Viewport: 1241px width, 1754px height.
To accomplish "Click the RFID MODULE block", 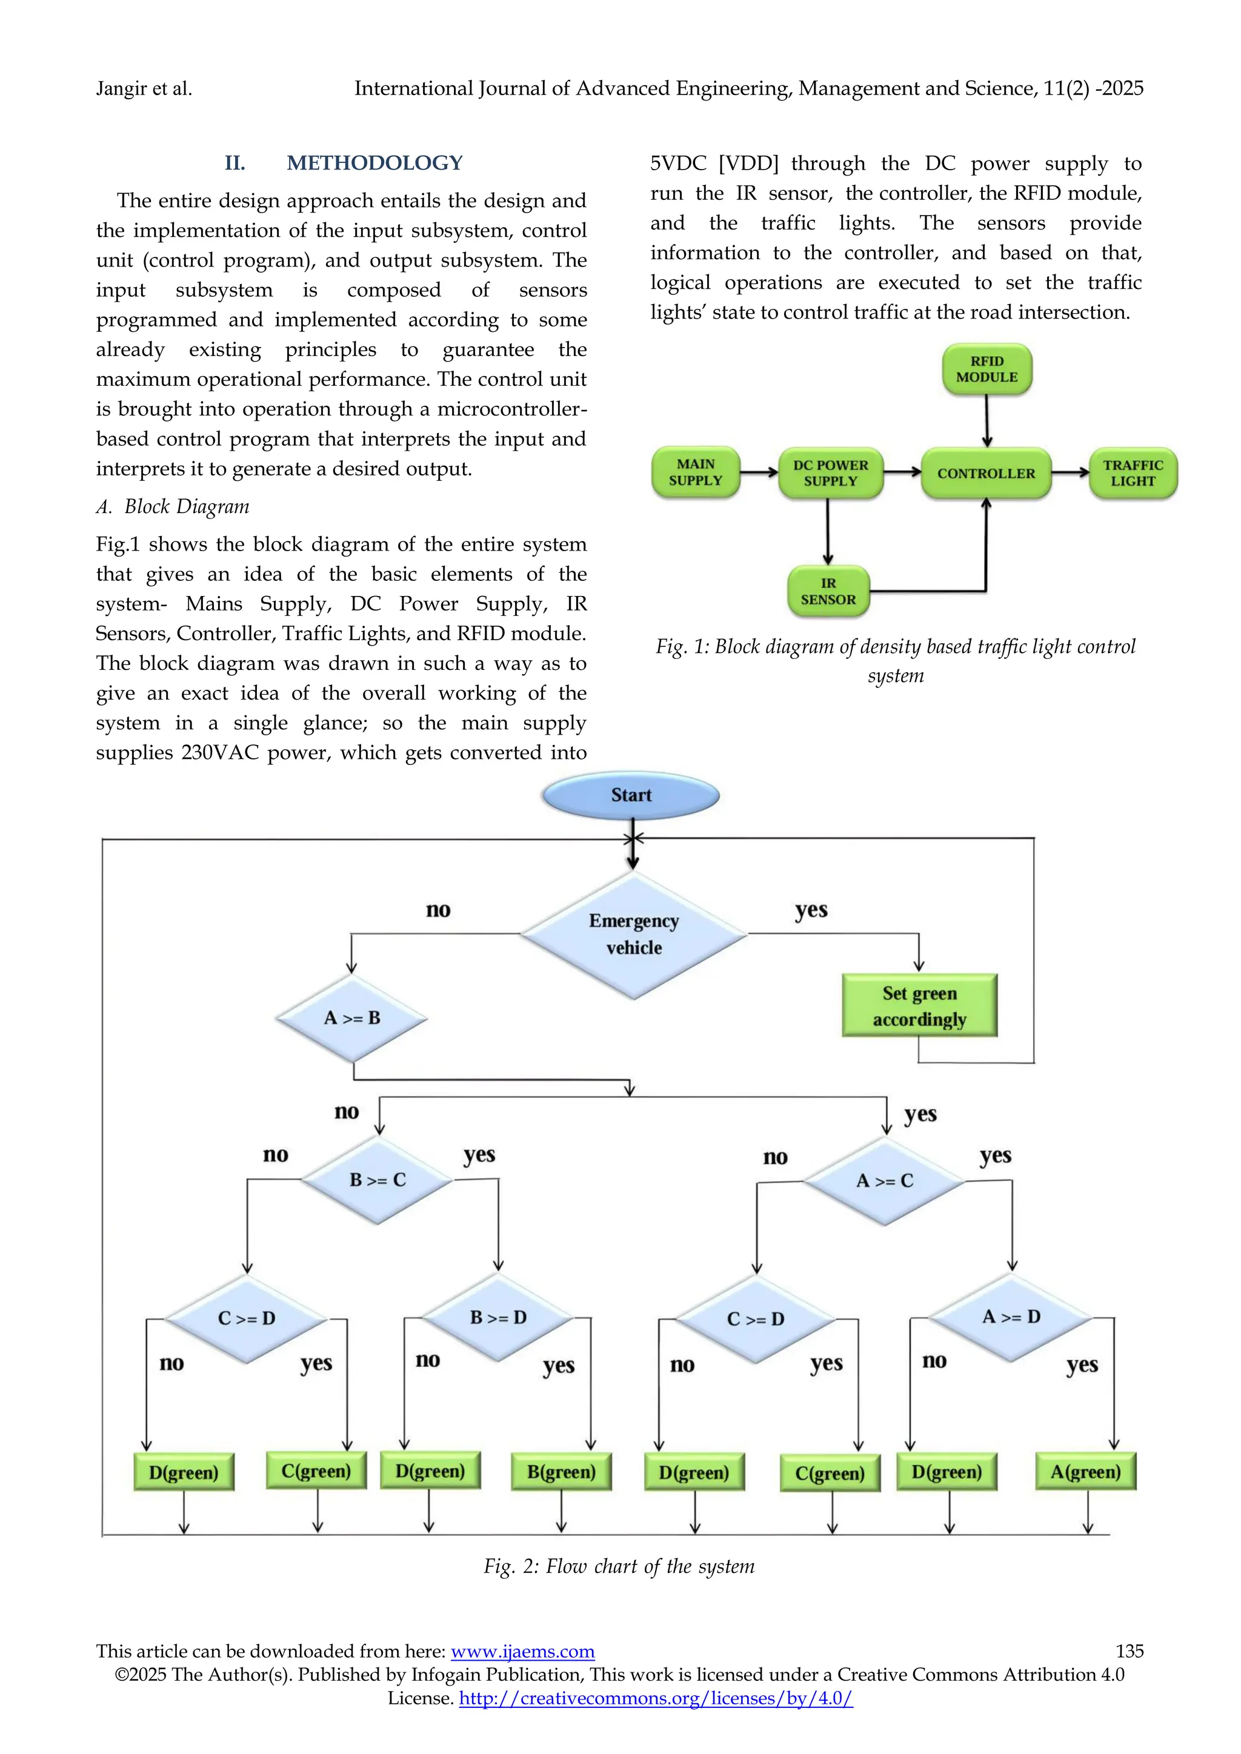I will point(986,369).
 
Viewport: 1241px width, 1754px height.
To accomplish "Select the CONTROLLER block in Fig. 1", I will point(986,474).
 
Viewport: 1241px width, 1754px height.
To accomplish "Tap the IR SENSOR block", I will point(828,591).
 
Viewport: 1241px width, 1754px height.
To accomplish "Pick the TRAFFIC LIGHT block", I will point(1133,474).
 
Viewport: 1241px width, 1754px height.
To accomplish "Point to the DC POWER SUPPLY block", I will point(831,474).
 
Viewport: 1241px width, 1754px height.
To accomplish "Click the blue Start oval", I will point(631,795).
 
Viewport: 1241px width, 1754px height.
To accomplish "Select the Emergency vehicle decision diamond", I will point(633,935).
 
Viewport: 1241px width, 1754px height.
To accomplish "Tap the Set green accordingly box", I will point(919,1006).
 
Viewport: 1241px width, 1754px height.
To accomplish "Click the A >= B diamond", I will point(351,1018).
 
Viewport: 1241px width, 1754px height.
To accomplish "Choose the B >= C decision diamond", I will point(378,1180).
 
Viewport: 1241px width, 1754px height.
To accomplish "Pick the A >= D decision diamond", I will point(1011,1317).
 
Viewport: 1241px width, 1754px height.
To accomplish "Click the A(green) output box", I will point(1085,1472).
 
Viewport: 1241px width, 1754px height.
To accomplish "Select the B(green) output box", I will point(561,1472).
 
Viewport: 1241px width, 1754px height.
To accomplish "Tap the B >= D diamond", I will point(498,1318).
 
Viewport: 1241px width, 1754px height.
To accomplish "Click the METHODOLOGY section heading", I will point(374,163).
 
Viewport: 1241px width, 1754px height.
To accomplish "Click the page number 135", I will point(1129,1651).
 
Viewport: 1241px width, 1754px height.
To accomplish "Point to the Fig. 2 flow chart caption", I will point(619,1567).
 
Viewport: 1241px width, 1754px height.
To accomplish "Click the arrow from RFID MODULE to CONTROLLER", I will point(986,420).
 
